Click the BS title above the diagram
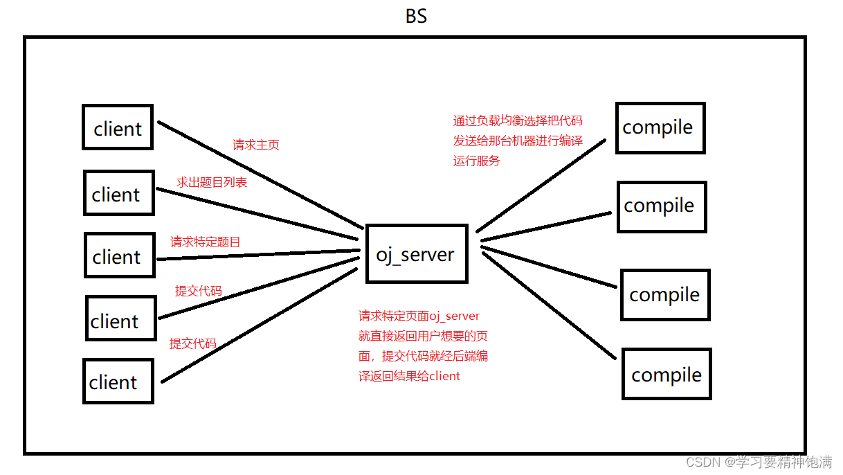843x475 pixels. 416,16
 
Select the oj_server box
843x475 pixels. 416,253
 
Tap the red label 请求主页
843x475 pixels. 256,145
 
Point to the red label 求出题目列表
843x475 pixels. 212,182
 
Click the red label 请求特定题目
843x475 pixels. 206,242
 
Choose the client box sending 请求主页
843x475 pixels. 118,127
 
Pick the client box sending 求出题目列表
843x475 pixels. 118,193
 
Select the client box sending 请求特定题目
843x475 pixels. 119,256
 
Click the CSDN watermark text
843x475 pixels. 759,462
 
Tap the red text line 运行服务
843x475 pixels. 476,161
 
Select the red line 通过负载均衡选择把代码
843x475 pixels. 518,120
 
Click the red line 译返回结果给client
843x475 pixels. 409,376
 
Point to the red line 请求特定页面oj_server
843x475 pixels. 419,316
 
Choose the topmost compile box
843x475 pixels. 660,127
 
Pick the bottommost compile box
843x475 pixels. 667,375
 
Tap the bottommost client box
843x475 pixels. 117,381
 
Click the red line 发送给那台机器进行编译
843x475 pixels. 518,141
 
